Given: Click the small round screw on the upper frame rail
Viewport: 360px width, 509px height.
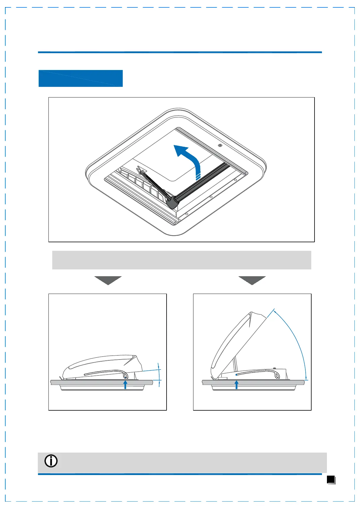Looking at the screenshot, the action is (x=220, y=146).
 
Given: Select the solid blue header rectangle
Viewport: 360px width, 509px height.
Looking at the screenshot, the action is (x=81, y=78).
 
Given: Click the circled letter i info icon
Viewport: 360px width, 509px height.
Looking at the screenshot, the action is (x=51, y=461).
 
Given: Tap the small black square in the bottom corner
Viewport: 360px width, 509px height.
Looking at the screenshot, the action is (x=331, y=479).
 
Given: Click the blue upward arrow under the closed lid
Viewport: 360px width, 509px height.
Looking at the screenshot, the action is (x=126, y=385).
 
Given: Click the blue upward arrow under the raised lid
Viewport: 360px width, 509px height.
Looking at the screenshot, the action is (x=236, y=385).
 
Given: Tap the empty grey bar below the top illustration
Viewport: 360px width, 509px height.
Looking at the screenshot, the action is (x=182, y=260).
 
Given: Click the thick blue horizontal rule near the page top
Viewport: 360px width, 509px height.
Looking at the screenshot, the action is (x=180, y=52).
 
